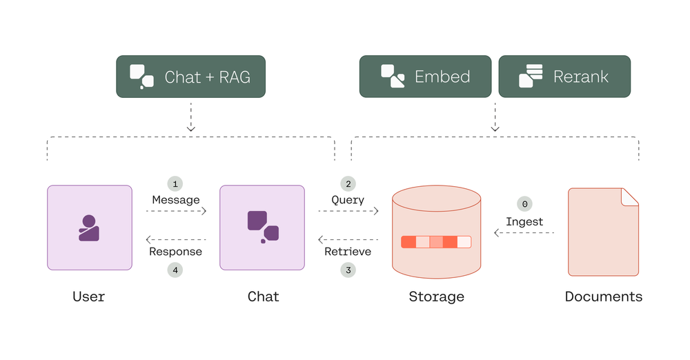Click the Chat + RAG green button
[191, 77]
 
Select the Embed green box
[425, 77]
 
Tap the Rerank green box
[564, 77]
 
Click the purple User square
[89, 228]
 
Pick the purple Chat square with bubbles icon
[262, 228]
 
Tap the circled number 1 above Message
[175, 184]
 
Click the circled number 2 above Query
[348, 184]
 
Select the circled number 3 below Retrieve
[348, 270]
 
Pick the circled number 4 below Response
[175, 270]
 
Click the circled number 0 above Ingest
[524, 205]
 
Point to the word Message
[176, 200]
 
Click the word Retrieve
[348, 252]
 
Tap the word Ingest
[524, 221]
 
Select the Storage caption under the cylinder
[436, 297]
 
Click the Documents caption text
[603, 297]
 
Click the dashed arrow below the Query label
[348, 211]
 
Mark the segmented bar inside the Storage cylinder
[436, 242]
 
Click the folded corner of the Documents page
[630, 196]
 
